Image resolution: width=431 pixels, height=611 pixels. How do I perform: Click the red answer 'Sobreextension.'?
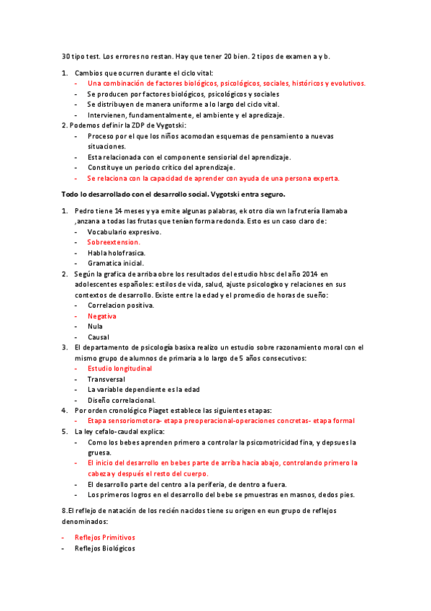[114, 243]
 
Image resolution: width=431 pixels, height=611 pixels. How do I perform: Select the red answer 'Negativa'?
[102, 316]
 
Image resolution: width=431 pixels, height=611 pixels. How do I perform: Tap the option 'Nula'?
[95, 326]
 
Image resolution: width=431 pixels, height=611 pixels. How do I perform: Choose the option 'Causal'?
[99, 337]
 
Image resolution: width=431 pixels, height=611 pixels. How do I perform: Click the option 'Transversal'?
[106, 379]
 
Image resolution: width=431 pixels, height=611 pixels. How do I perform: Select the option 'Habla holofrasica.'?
[116, 253]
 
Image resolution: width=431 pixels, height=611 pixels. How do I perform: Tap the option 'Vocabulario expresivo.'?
[124, 232]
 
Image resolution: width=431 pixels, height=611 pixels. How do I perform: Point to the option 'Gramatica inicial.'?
[115, 264]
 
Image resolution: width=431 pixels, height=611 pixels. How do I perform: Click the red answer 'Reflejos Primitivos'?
[105, 538]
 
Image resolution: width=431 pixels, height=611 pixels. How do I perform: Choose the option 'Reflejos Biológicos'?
[105, 548]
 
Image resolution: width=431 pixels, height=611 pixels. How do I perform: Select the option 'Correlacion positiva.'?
[120, 305]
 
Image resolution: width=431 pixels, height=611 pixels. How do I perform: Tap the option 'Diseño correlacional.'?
[121, 400]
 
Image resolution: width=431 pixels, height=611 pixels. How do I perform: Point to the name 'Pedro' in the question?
[85, 211]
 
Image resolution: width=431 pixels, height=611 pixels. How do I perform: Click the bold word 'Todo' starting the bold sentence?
[71, 194]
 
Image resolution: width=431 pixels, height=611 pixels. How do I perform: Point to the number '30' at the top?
[66, 56]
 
